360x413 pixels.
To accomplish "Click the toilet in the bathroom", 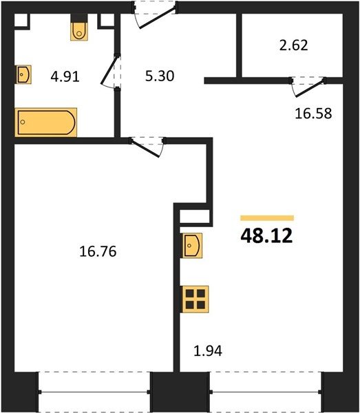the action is tap(79, 31).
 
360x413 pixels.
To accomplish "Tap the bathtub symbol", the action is tap(46, 123).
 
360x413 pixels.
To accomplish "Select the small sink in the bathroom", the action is tap(23, 74).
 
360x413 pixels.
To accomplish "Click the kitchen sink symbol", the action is tap(192, 246).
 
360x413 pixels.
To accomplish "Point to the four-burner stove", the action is tap(195, 299).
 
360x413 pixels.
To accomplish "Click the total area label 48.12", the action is tap(266, 235).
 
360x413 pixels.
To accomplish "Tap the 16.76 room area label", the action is tap(98, 251).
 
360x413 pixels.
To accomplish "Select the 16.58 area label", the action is tap(313, 114).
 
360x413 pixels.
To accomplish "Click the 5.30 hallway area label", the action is tap(160, 76).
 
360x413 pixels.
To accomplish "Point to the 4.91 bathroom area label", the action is tap(65, 77).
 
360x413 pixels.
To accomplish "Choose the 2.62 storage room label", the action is tap(293, 45).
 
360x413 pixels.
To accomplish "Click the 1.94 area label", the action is tap(208, 351).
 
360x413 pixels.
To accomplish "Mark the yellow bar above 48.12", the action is tap(267, 218).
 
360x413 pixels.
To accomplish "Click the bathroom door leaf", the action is tap(109, 70).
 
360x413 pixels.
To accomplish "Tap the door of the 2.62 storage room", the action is tap(310, 89).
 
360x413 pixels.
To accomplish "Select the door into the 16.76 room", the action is tap(145, 149).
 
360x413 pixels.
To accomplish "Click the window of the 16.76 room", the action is tap(94, 392).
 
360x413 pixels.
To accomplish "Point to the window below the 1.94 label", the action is tap(266, 392).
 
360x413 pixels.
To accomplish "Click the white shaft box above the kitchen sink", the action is tap(195, 217).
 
